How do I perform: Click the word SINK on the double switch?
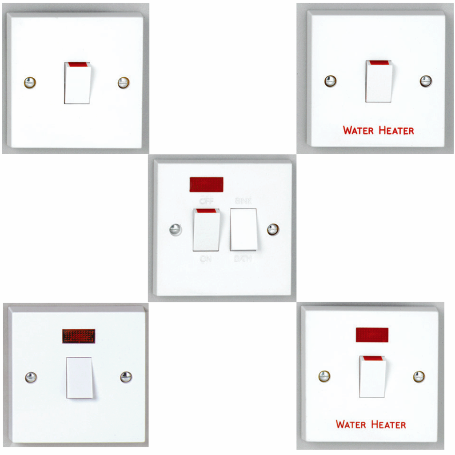[243, 201]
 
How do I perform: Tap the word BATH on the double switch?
[243, 258]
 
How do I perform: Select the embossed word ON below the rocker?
[206, 259]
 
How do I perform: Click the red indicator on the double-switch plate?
[206, 184]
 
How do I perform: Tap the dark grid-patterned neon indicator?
[79, 336]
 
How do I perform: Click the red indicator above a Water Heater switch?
[372, 335]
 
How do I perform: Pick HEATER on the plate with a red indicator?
[388, 424]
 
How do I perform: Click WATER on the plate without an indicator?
[359, 131]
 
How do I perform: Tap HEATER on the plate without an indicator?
[396, 131]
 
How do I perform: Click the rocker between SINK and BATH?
[243, 229]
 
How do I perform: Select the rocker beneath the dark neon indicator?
[80, 377]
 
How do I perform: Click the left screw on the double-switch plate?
[176, 230]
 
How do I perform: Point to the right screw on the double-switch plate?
[273, 229]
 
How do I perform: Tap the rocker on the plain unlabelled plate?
[77, 84]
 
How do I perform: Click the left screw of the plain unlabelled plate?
[30, 83]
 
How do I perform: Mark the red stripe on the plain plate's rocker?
[77, 65]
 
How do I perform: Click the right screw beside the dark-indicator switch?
[126, 377]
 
